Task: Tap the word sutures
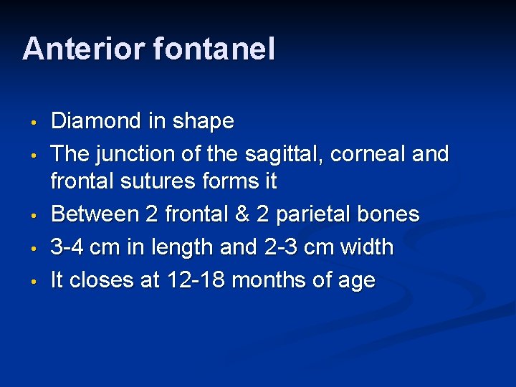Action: (161, 182)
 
